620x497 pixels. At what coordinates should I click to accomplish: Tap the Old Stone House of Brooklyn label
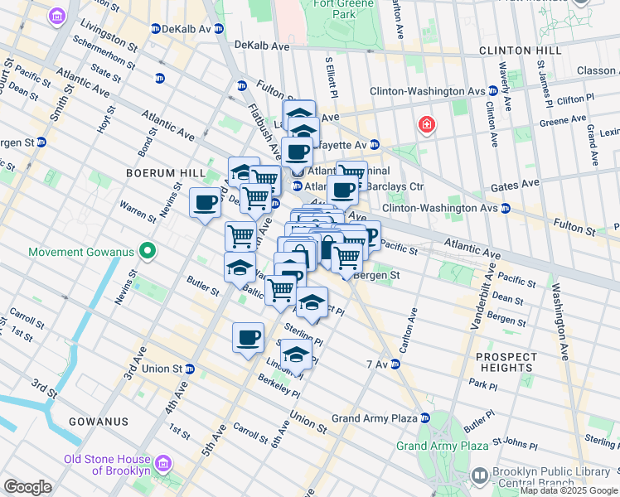[x=108, y=465]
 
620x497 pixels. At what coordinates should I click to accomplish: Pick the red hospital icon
[x=426, y=125]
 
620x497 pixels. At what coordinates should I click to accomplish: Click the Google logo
[x=27, y=487]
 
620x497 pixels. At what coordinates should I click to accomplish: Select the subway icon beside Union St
[x=190, y=369]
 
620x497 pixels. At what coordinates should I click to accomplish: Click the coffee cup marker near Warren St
[x=205, y=203]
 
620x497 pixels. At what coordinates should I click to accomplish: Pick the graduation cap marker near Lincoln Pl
[x=296, y=355]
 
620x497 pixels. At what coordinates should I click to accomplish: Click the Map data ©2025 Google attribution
[x=568, y=490]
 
